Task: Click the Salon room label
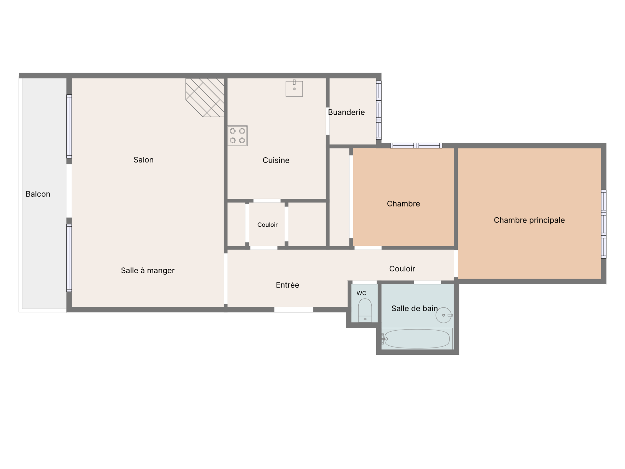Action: pyautogui.click(x=144, y=160)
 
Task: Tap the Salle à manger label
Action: pyautogui.click(x=148, y=271)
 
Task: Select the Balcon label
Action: pyautogui.click(x=38, y=194)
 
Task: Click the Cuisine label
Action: pyautogui.click(x=276, y=160)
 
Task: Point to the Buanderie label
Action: pyautogui.click(x=346, y=112)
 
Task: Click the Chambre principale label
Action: pyautogui.click(x=529, y=220)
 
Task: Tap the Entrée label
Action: pyautogui.click(x=287, y=285)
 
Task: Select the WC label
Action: pyautogui.click(x=361, y=293)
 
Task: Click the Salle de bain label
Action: pyautogui.click(x=414, y=308)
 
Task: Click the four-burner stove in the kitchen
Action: pyautogui.click(x=238, y=136)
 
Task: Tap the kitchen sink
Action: pyautogui.click(x=294, y=89)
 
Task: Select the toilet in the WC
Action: pyautogui.click(x=365, y=310)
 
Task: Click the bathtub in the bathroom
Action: pyautogui.click(x=417, y=339)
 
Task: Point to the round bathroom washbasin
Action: pyautogui.click(x=444, y=315)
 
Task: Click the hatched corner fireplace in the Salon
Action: pyautogui.click(x=205, y=97)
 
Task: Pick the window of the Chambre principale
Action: pyautogui.click(x=604, y=224)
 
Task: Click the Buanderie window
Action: pyautogui.click(x=379, y=110)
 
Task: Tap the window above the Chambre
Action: pyautogui.click(x=416, y=146)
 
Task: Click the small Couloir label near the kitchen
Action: pyautogui.click(x=268, y=225)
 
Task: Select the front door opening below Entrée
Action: pyautogui.click(x=294, y=310)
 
